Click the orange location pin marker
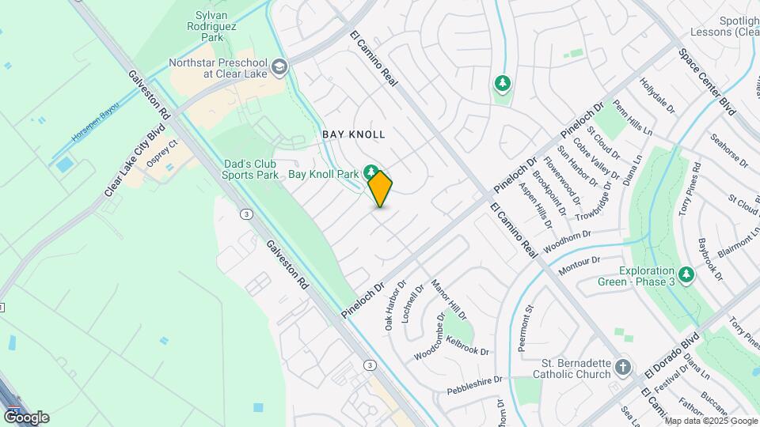coord(380,188)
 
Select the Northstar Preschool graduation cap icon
coord(278,67)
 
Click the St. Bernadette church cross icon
coord(624,367)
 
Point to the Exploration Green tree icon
coord(686,274)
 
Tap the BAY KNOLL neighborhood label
coord(354,134)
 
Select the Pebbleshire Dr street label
coord(474,385)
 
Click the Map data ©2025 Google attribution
coord(711,421)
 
